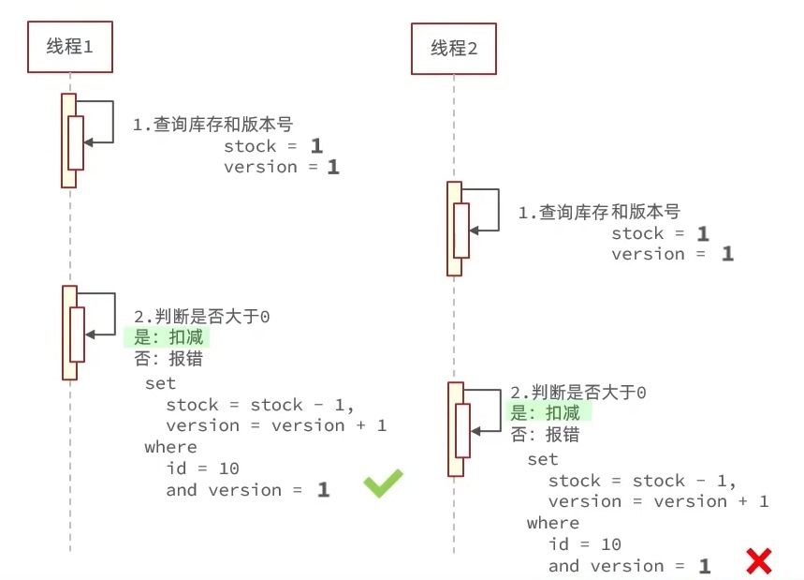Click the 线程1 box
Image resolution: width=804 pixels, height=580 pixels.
coord(69,46)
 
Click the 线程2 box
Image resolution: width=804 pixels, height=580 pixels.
coord(454,49)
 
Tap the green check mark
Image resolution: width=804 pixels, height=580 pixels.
coord(383,483)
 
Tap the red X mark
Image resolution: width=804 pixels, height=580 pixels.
coord(758,561)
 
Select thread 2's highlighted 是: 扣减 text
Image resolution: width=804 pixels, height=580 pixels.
coord(545,413)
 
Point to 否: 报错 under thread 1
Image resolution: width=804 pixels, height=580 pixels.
coord(168,359)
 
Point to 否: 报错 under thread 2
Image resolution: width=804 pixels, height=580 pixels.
coord(545,435)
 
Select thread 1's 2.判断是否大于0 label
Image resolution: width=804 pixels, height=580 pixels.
coord(202,317)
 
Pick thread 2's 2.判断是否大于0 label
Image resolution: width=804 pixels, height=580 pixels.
coord(577,393)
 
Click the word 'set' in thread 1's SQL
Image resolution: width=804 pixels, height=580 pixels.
coord(160,383)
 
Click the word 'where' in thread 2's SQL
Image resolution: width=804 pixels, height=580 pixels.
coord(552,523)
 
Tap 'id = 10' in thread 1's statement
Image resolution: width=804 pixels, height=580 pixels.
coord(202,468)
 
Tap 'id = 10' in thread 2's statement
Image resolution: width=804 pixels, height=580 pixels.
coord(584,544)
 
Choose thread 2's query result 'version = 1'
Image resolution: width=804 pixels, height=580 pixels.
coord(672,254)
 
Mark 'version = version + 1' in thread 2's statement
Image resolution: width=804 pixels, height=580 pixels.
coord(658,501)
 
